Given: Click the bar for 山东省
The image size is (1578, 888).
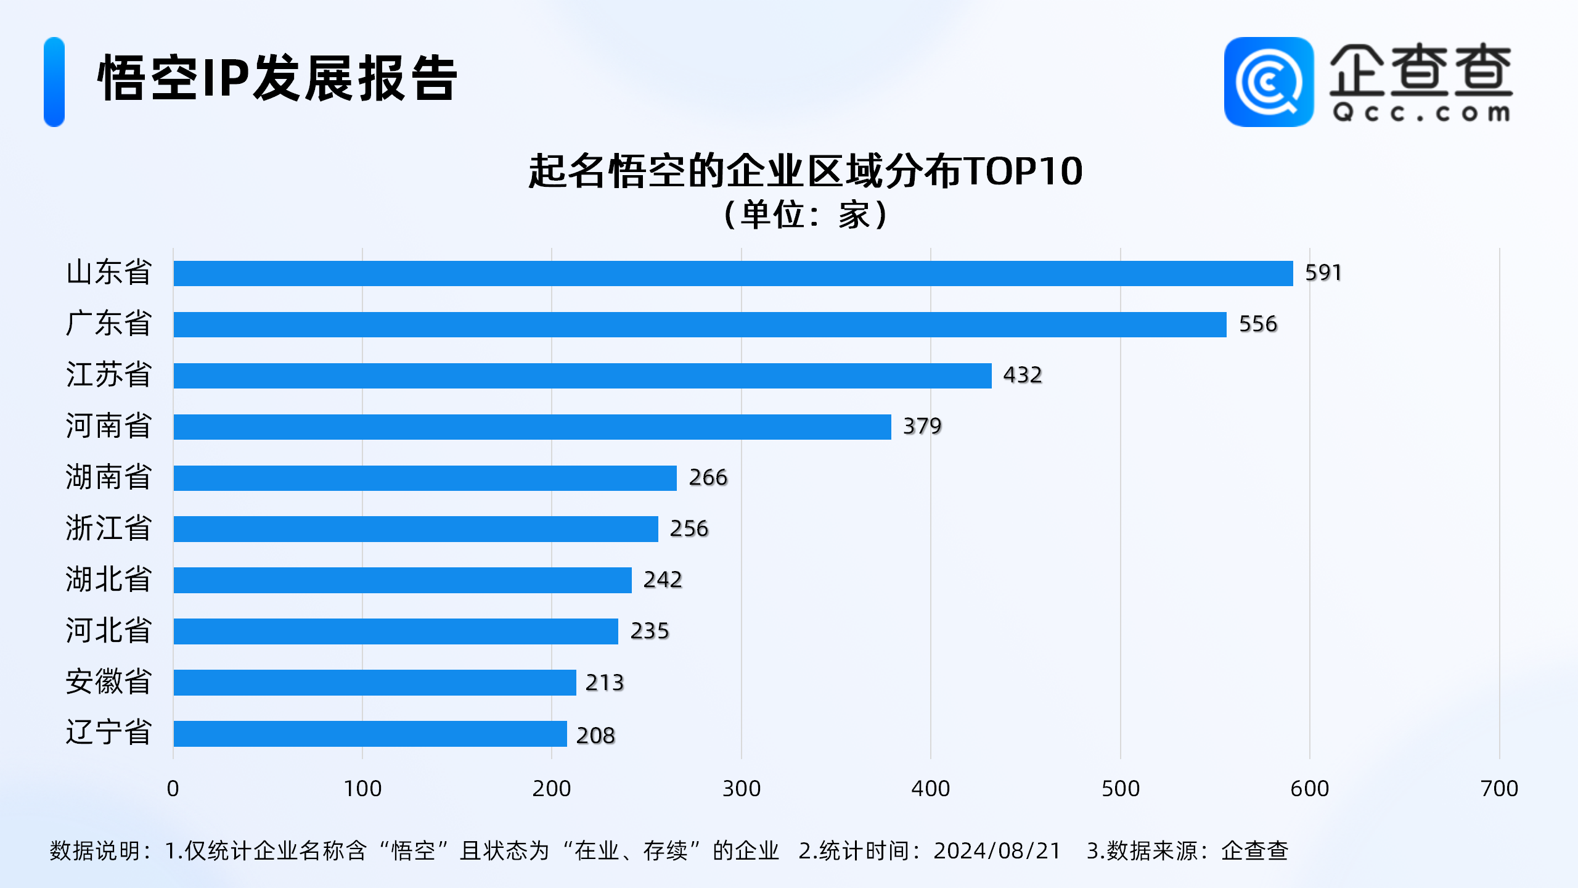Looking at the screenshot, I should click(733, 273).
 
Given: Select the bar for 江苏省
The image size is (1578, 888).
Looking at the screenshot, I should click(583, 376).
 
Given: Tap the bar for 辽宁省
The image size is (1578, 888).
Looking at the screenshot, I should click(370, 734).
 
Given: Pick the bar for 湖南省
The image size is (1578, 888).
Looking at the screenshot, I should click(425, 478).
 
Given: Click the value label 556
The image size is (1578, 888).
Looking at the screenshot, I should click(1258, 324).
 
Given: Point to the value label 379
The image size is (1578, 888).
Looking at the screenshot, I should click(922, 426).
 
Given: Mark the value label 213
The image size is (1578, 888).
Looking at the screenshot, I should click(605, 683).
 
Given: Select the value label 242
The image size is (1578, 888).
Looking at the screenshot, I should click(663, 580).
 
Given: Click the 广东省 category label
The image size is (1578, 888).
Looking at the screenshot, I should click(108, 324).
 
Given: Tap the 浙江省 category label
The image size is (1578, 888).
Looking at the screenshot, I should click(108, 528).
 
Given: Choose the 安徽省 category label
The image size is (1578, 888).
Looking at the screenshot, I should click(108, 682).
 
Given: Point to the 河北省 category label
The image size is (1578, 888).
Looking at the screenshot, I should click(108, 631).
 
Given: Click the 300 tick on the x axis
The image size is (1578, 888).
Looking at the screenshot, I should click(742, 789).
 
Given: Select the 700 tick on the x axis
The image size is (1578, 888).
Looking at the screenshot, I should click(1499, 789).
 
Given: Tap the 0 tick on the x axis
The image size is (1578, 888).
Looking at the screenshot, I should click(173, 789).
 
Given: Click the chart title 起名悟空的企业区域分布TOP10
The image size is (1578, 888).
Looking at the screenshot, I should click(805, 171).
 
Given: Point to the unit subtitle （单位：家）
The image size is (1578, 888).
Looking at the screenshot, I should click(805, 215).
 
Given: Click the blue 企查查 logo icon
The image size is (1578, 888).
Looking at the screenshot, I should click(1269, 82).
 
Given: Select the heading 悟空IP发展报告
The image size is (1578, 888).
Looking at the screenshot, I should click(277, 78).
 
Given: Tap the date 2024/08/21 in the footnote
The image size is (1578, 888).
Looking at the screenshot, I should click(997, 851).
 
